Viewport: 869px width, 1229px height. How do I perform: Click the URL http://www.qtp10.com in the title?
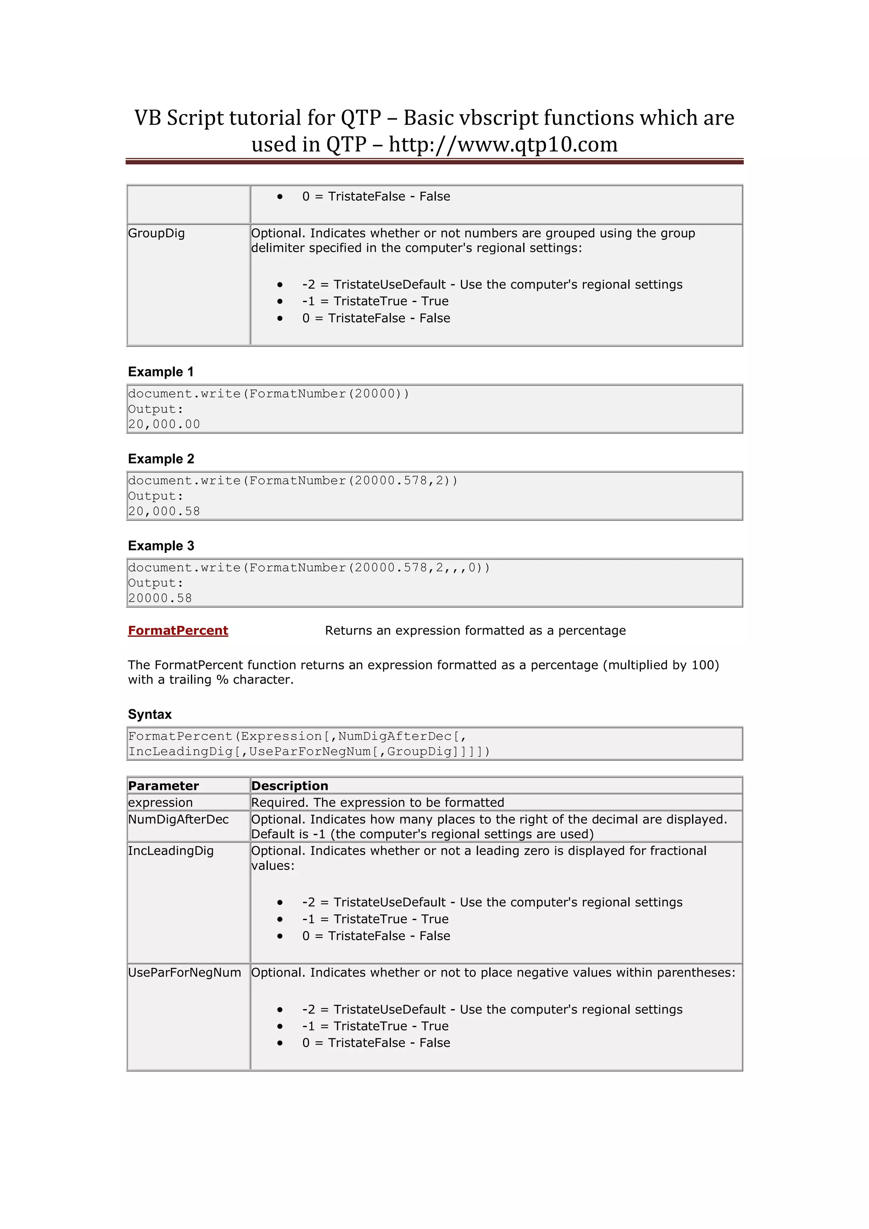(502, 145)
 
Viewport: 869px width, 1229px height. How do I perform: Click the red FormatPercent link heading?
(178, 631)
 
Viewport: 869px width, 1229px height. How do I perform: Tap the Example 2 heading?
(160, 459)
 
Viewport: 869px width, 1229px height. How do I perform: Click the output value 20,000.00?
(164, 424)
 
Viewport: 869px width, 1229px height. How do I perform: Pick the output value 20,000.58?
(164, 511)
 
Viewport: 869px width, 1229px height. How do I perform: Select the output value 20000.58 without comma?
(160, 598)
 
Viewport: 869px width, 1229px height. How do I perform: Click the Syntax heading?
(149, 714)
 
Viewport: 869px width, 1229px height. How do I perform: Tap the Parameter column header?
(163, 786)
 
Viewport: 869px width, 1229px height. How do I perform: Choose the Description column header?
(289, 786)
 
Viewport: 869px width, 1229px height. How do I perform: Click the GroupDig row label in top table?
(156, 233)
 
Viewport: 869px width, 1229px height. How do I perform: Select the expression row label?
(160, 802)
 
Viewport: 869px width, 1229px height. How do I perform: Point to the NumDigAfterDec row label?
(178, 819)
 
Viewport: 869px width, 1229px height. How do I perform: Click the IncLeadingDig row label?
(171, 851)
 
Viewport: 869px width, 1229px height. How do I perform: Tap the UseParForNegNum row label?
(184, 973)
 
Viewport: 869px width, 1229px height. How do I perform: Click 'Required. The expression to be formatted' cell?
(377, 802)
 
